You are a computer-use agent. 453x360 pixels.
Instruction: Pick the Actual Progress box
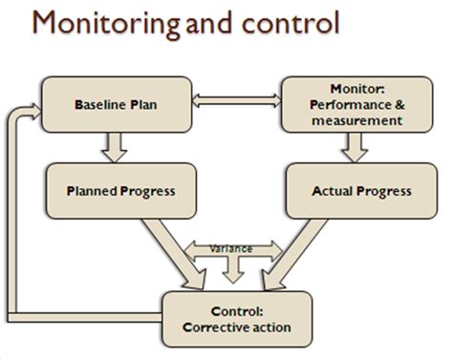348,191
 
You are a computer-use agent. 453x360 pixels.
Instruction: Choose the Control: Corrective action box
237,319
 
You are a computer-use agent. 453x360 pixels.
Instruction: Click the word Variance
231,248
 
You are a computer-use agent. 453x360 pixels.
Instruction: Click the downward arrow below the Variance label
231,271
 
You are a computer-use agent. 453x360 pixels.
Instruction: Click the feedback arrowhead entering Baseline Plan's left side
35,113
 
